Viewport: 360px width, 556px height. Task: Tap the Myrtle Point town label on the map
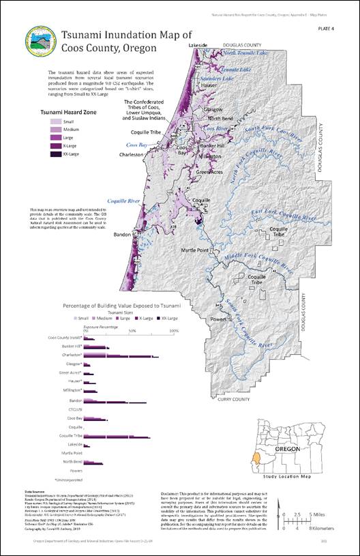click(198, 250)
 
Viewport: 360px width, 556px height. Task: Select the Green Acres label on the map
click(211, 172)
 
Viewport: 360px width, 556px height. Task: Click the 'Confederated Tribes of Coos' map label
click(152, 109)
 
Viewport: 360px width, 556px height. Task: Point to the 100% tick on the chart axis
click(174, 331)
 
